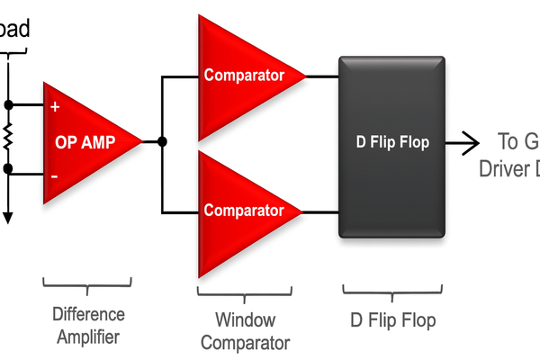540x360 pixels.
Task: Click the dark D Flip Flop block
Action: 391,180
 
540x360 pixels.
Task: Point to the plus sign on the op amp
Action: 55,107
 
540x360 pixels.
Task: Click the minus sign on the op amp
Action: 55,176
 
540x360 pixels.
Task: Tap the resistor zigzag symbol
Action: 8,137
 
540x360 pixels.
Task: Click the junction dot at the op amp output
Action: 162,141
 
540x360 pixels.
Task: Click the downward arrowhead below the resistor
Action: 8,216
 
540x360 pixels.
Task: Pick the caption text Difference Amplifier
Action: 87,326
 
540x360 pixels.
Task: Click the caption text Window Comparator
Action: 245,331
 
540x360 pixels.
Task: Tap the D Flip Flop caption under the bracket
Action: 392,320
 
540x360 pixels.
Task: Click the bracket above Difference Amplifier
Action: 87,283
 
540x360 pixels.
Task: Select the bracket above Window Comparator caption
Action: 245,289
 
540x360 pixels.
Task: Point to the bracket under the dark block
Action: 392,289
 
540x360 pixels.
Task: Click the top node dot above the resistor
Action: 8,103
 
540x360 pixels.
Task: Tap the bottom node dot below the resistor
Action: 8,168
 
